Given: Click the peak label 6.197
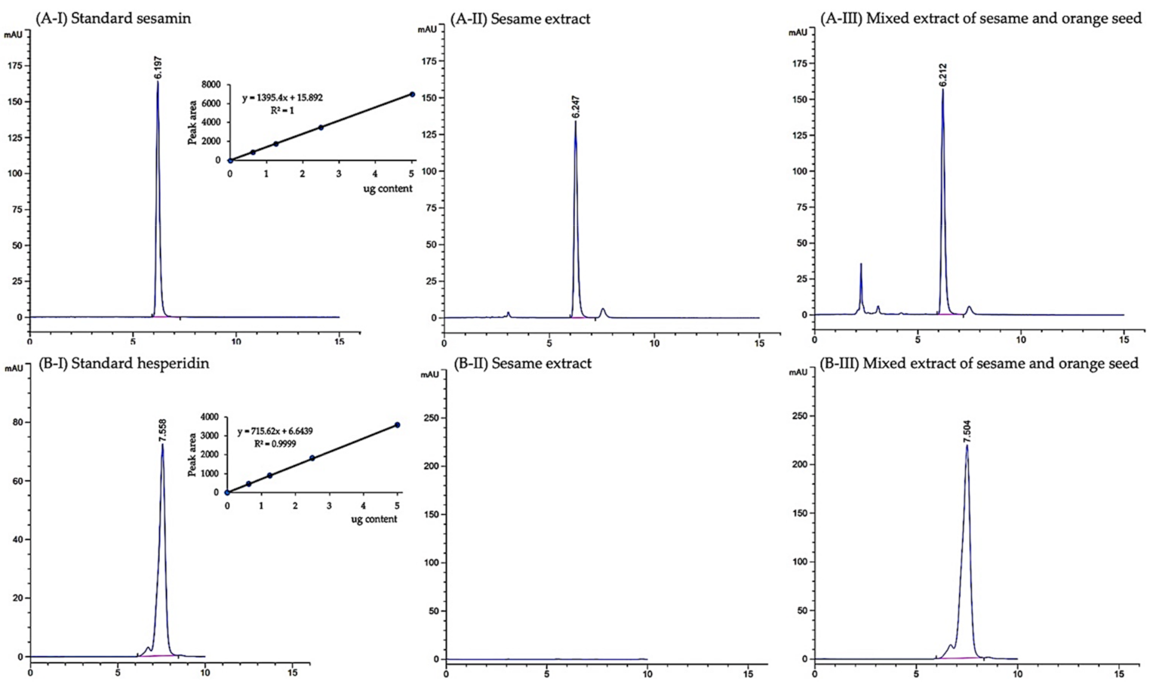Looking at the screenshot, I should click(x=158, y=67).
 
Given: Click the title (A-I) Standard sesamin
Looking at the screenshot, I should click(x=113, y=18).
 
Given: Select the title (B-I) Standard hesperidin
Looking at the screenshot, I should click(x=124, y=363).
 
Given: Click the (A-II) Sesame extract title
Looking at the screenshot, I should click(x=520, y=18).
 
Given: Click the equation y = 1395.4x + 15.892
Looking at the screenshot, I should click(x=282, y=98).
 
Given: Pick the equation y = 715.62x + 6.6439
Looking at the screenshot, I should click(x=275, y=431).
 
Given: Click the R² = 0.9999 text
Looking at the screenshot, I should click(x=275, y=443).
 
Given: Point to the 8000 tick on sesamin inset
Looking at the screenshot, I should click(x=211, y=85).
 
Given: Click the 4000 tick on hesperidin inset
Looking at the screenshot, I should click(x=208, y=417).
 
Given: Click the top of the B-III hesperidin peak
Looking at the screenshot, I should click(x=967, y=445).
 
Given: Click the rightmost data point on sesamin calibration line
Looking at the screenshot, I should click(x=412, y=94).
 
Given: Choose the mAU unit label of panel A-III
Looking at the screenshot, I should click(x=798, y=32).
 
